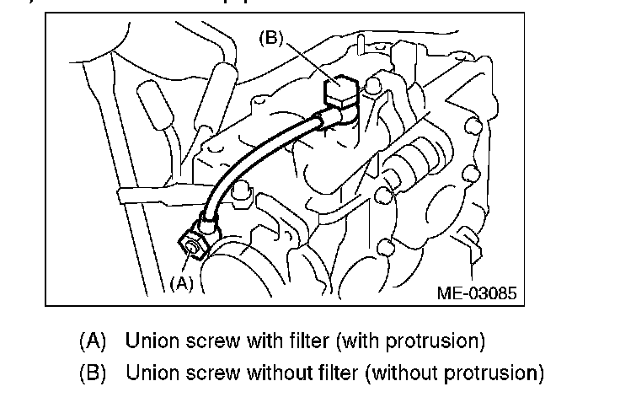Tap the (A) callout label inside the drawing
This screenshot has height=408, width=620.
[181, 283]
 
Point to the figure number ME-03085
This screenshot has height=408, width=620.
[476, 293]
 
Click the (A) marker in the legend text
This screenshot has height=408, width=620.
[93, 342]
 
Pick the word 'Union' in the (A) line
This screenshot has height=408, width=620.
[147, 342]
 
